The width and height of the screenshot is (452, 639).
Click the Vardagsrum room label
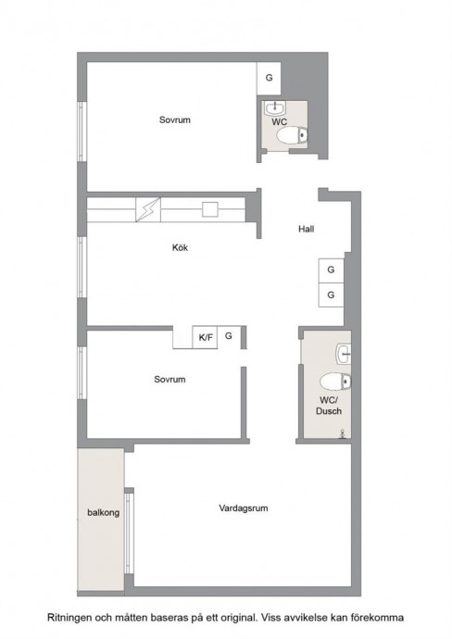coord(244,508)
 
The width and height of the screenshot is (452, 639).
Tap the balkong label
coord(104,512)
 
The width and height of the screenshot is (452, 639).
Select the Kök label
coord(180,247)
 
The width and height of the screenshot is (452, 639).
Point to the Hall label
coord(306,229)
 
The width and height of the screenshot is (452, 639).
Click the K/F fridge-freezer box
coord(205,337)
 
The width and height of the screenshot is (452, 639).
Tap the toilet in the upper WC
coord(292,135)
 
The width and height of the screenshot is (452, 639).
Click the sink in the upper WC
coord(275,108)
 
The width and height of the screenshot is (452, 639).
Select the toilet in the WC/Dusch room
coord(335,382)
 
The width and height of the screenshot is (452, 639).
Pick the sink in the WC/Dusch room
coord(344,354)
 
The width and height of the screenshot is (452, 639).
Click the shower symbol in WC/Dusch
coord(344,433)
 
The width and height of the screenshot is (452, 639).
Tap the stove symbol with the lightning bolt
coord(148,210)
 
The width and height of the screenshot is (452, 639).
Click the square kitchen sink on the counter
coord(210,209)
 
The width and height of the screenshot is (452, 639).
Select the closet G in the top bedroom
coord(269,78)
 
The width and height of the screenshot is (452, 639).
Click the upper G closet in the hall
coord(331,270)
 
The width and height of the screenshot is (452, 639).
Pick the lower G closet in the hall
coord(331,294)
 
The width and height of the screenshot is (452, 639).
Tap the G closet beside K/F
coord(229,336)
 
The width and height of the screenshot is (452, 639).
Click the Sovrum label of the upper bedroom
coord(175,119)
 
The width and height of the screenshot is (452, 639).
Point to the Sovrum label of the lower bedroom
coord(169,380)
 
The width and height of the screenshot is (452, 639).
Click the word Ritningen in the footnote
coord(69,618)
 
